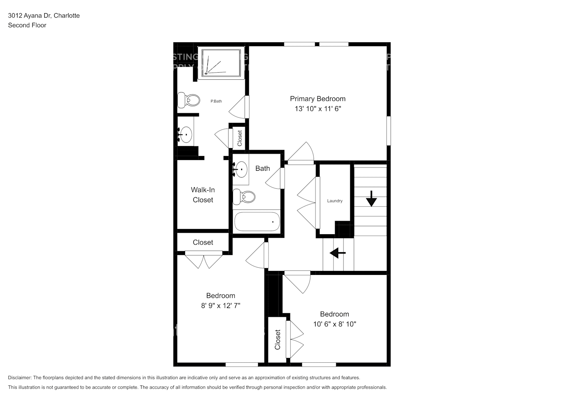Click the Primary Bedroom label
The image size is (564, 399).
317,99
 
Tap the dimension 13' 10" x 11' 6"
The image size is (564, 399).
317,109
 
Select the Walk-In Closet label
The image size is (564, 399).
203,195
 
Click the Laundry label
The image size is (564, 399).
335,201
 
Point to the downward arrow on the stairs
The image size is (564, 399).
371,198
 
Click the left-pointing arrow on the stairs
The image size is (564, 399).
337,253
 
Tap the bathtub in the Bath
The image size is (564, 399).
257,221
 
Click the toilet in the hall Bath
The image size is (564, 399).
244,196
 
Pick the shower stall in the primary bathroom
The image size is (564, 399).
221,63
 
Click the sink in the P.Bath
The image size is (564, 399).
185,134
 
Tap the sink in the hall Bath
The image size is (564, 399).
241,170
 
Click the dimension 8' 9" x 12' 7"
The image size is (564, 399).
220,306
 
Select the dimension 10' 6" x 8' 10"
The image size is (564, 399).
334,324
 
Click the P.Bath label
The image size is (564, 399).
216,101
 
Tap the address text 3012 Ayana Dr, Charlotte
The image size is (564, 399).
44,16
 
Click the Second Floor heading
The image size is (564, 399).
27,25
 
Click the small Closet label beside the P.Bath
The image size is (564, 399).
240,138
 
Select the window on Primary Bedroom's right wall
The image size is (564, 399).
388,131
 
